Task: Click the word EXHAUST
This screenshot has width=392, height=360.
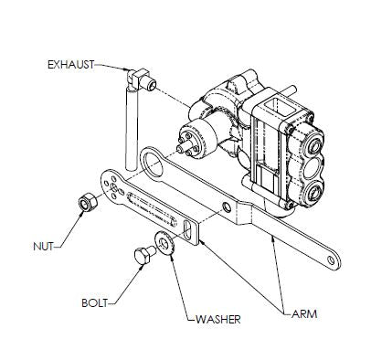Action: [69, 64]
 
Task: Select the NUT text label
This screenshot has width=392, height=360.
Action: [43, 246]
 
